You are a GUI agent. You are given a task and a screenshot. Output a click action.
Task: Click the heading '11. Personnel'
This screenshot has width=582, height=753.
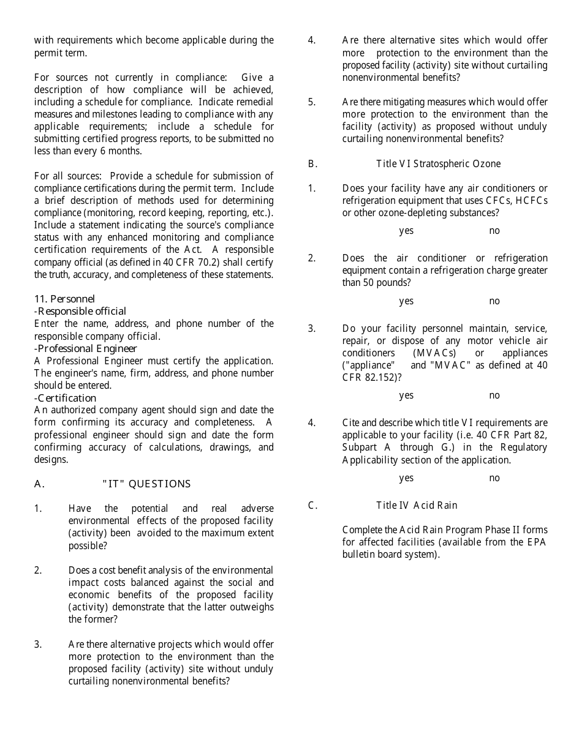pyautogui.click(x=64, y=299)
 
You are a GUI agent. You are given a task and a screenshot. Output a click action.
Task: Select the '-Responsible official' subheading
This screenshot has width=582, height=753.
pyautogui.click(x=80, y=311)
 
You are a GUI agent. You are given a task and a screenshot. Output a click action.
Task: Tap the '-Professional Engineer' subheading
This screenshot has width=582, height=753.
pyautogui.click(x=85, y=348)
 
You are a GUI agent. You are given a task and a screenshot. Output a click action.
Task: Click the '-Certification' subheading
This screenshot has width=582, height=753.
pyautogui.click(x=65, y=398)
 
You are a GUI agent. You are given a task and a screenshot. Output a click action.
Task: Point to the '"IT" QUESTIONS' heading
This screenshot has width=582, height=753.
pyautogui.click(x=146, y=484)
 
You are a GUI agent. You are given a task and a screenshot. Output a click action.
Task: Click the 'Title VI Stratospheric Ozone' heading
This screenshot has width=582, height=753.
pyautogui.click(x=438, y=163)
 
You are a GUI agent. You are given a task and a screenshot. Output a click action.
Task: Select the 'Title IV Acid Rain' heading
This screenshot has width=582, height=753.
pyautogui.click(x=417, y=505)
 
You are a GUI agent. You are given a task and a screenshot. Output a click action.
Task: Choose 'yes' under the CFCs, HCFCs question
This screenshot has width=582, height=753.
pyautogui.click(x=406, y=231)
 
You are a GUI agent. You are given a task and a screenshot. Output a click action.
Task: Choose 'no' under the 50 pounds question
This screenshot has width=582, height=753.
pyautogui.click(x=494, y=301)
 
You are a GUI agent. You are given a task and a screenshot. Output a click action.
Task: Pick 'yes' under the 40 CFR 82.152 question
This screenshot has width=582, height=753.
pyautogui.click(x=406, y=395)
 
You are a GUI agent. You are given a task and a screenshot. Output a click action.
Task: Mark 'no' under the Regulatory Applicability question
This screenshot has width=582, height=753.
pyautogui.click(x=494, y=478)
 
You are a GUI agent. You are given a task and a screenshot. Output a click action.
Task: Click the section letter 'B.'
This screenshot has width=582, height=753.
pyautogui.click(x=312, y=163)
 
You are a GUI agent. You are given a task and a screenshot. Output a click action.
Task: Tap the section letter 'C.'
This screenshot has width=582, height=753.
pyautogui.click(x=312, y=505)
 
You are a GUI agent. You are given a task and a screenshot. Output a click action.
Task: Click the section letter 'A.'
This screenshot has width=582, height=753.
pyautogui.click(x=39, y=484)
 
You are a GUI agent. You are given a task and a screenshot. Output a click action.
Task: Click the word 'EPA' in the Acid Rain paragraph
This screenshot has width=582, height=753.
pyautogui.click(x=535, y=542)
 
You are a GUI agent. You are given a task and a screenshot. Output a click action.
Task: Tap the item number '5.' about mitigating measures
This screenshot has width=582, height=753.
pyautogui.click(x=312, y=102)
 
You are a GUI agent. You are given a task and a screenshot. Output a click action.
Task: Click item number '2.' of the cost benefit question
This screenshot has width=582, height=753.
pyautogui.click(x=38, y=570)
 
